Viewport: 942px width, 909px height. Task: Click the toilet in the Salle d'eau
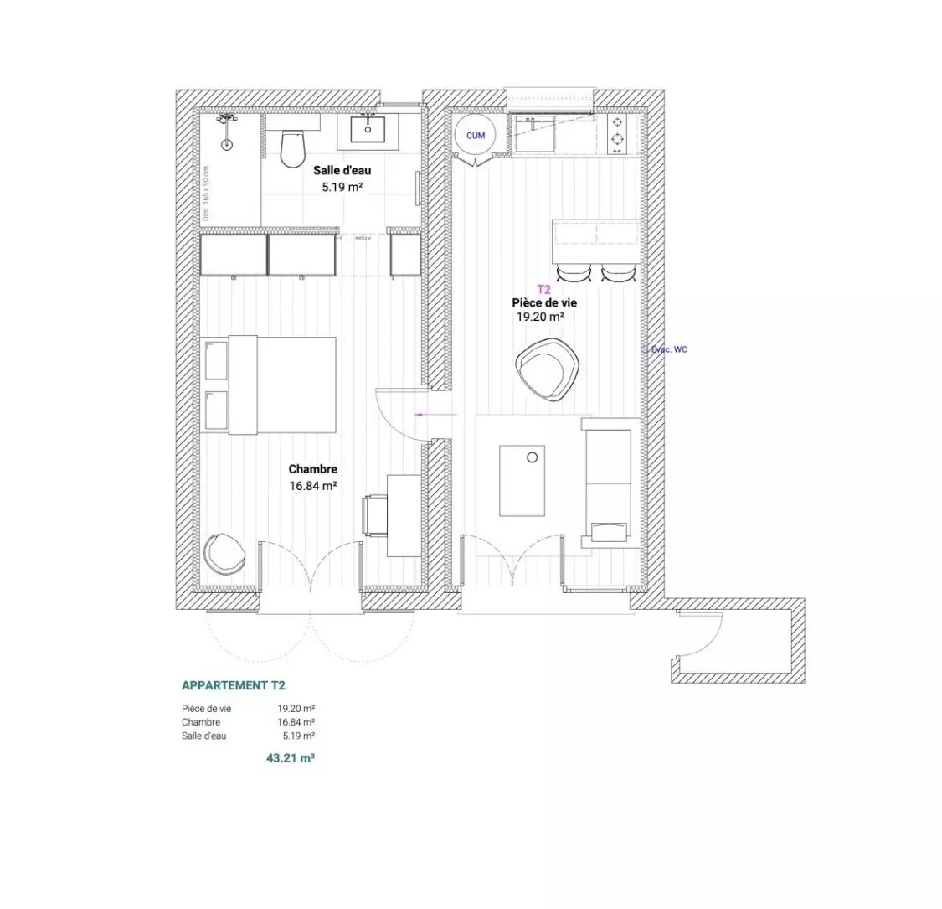(x=292, y=149)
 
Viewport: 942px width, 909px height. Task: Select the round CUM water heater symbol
(x=475, y=135)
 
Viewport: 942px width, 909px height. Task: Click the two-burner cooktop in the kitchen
(x=617, y=132)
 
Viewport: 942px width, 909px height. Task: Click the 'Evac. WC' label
(x=669, y=349)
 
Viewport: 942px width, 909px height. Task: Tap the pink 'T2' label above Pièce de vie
(x=543, y=289)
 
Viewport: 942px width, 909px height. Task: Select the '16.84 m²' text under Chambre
(x=312, y=485)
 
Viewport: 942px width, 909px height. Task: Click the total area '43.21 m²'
(x=290, y=757)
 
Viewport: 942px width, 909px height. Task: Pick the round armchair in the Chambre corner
(x=224, y=553)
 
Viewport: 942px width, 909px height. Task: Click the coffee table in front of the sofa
(x=522, y=481)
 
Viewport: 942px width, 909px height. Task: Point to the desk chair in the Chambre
(x=374, y=515)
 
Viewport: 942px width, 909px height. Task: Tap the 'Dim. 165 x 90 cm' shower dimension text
(x=205, y=194)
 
